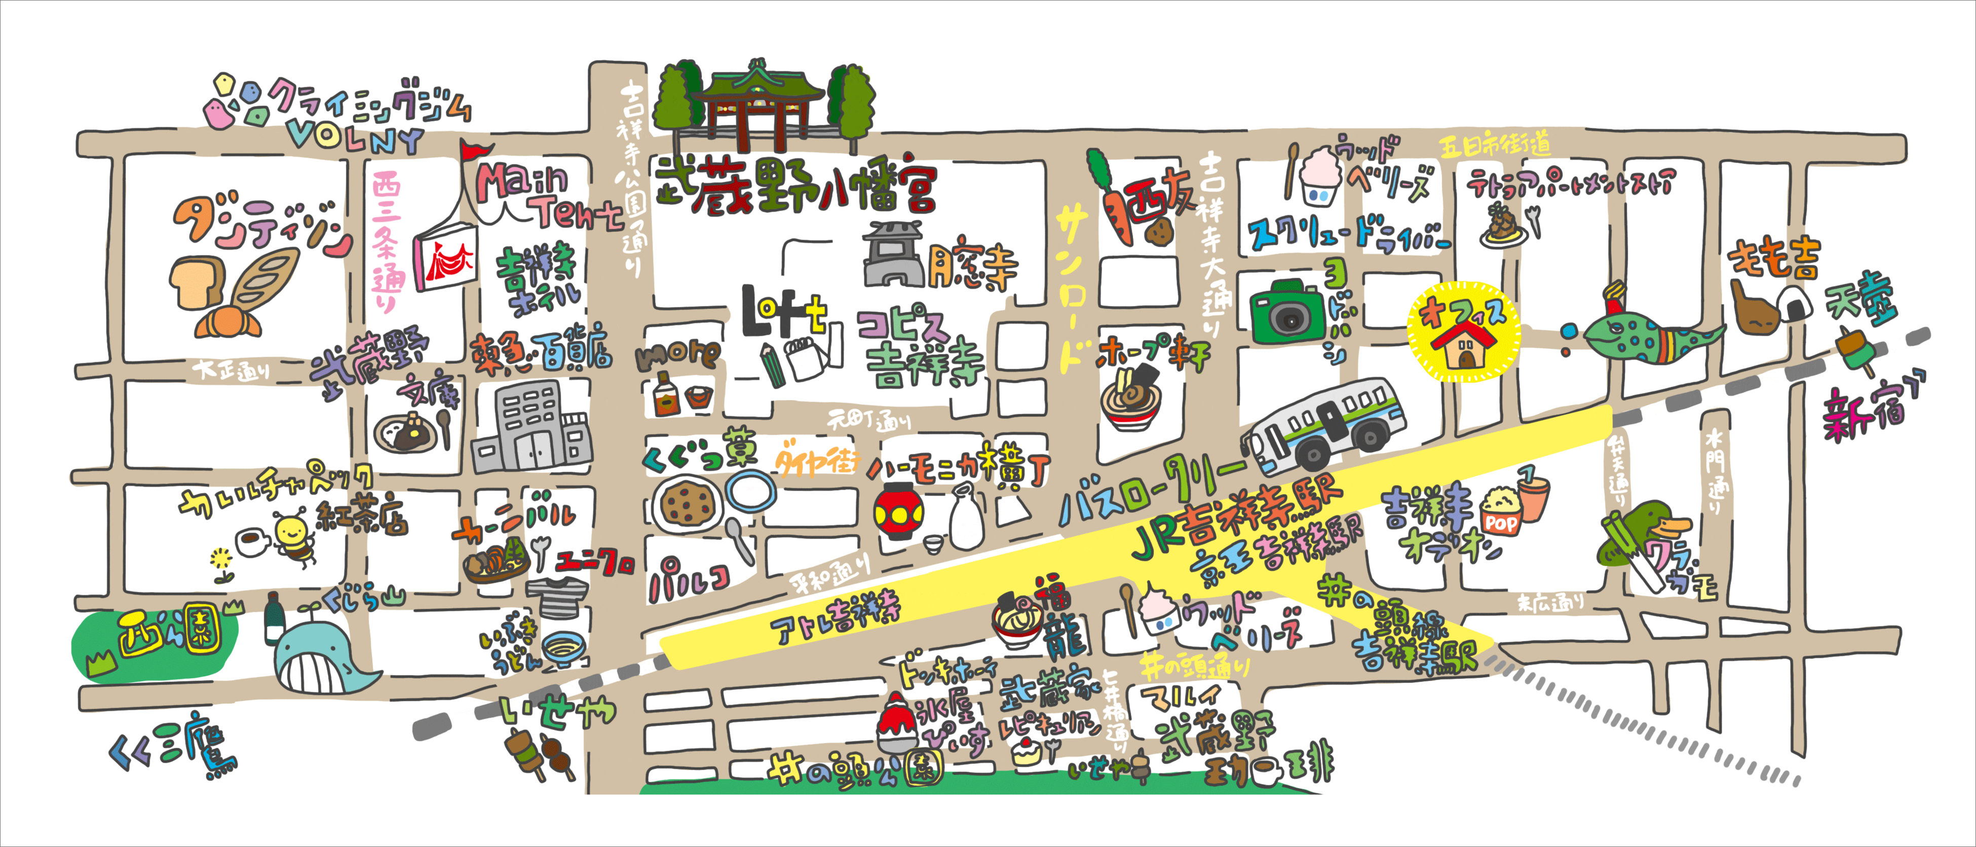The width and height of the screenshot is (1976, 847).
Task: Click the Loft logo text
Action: coord(782,311)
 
